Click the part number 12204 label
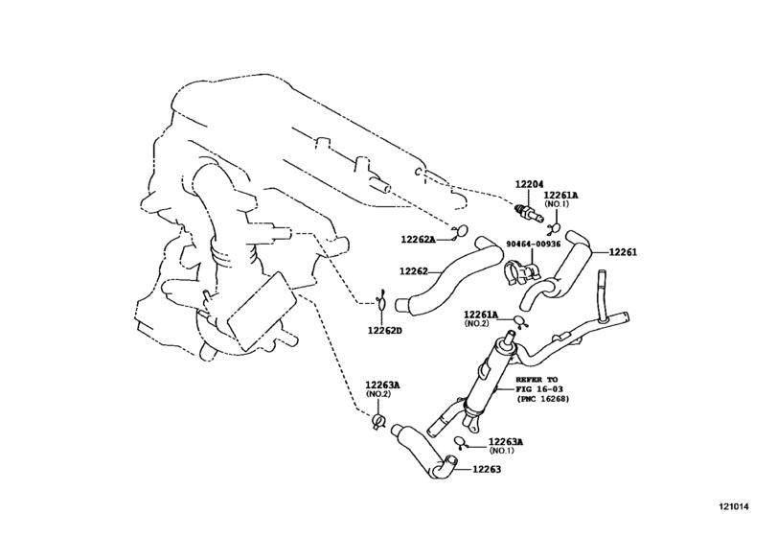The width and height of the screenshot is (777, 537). click(x=529, y=184)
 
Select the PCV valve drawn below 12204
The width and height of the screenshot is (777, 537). click(x=527, y=212)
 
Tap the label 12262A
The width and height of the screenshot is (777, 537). click(x=418, y=240)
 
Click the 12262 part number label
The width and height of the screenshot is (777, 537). click(x=414, y=271)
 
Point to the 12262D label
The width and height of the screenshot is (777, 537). click(x=384, y=330)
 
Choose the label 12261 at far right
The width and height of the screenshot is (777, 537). click(x=623, y=252)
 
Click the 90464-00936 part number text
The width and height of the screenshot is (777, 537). click(x=534, y=244)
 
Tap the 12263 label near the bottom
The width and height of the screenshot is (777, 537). click(x=487, y=469)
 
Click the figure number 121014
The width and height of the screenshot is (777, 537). click(x=735, y=506)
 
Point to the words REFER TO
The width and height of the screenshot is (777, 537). click(x=537, y=380)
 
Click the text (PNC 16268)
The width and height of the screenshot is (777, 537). click(x=543, y=399)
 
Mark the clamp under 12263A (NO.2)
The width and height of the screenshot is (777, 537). click(x=378, y=422)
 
